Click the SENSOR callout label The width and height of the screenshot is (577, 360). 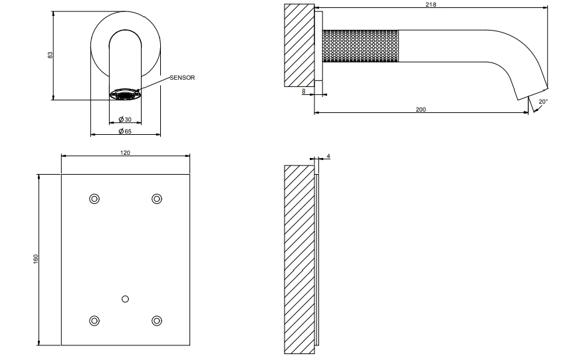point(182,78)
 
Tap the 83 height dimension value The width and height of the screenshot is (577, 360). point(51,54)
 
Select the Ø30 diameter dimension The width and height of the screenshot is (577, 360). point(125,119)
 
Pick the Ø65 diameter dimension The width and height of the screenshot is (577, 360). point(125,131)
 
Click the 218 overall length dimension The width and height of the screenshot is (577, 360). point(431,5)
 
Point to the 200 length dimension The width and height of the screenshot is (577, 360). point(421,109)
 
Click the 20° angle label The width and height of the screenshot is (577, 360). point(543,102)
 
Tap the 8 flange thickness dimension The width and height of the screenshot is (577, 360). point(304,91)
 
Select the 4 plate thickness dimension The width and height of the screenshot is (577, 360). point(328,156)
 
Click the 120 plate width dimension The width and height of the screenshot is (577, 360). point(125,153)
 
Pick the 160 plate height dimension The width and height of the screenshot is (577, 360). point(36,259)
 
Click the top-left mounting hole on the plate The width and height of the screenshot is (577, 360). point(94,199)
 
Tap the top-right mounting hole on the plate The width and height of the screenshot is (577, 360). point(157,199)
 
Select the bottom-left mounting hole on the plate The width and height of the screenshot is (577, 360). point(94,321)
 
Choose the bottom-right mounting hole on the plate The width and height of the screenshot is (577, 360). point(157,321)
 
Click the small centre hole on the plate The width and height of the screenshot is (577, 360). point(125,299)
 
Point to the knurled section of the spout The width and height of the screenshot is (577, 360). point(360,46)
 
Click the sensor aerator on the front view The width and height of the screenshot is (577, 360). point(125,94)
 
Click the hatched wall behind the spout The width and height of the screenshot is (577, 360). point(300,46)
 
